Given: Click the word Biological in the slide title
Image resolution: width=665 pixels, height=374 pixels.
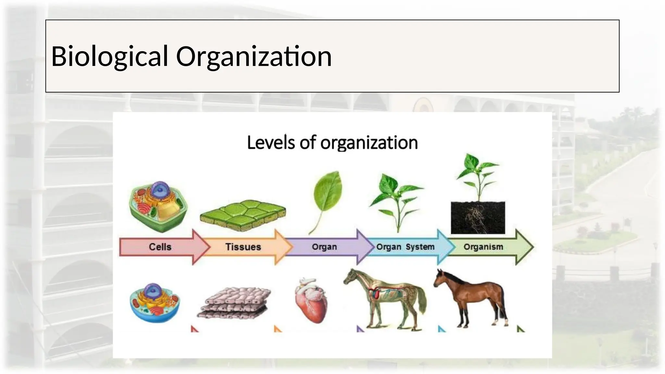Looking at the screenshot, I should click(x=109, y=56).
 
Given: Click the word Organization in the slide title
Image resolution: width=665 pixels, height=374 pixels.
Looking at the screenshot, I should click(x=254, y=56).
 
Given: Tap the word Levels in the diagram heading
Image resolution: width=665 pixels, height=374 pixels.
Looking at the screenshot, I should click(x=270, y=143).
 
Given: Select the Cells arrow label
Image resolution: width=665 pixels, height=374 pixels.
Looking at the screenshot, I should click(x=160, y=247).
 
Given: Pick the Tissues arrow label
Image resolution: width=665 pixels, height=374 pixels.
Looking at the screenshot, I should click(x=243, y=247).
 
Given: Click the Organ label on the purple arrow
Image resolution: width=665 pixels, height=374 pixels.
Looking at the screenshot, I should click(x=324, y=247).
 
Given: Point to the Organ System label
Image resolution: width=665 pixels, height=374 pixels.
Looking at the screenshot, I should click(x=405, y=247).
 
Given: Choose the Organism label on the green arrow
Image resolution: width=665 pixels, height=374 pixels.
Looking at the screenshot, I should click(x=483, y=247).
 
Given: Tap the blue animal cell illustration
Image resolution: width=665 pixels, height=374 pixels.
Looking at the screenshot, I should click(x=155, y=302).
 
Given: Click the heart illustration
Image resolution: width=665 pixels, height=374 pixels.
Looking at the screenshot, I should click(x=311, y=300).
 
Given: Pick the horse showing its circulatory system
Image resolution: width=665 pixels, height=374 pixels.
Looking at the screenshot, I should click(x=386, y=297).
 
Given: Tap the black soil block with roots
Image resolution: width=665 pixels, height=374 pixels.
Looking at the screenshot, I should click(x=478, y=217).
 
